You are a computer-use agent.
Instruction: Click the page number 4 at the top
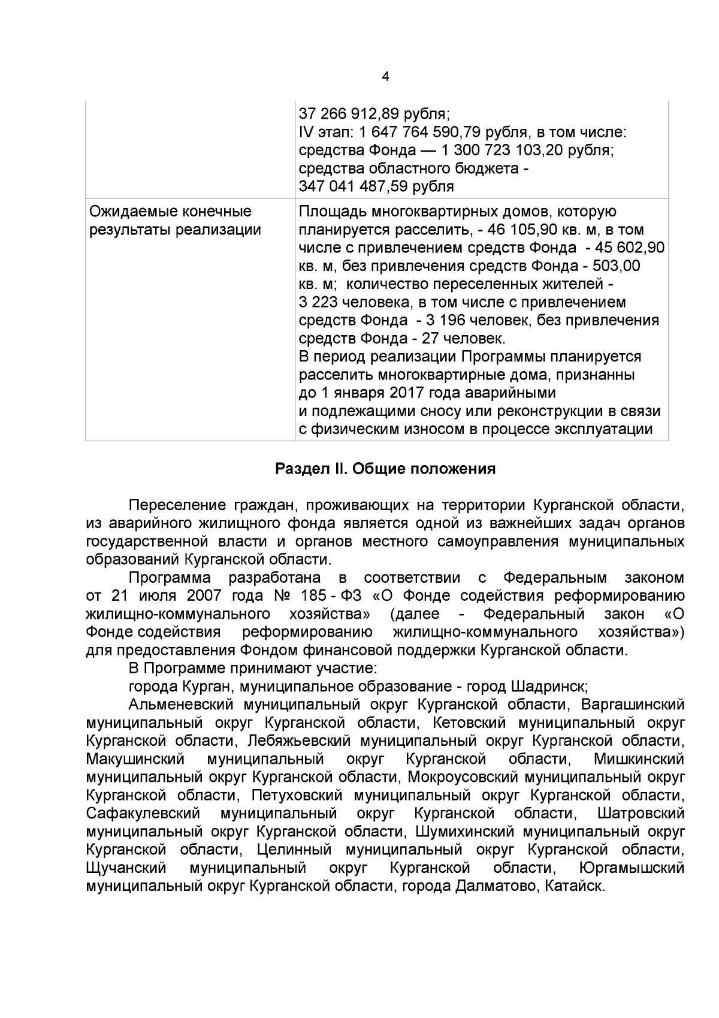[385, 77]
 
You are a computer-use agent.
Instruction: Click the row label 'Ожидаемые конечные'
[170, 212]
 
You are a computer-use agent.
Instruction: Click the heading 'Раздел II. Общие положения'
[385, 469]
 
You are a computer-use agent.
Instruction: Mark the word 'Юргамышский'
[632, 869]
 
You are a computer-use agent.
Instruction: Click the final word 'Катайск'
[574, 887]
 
